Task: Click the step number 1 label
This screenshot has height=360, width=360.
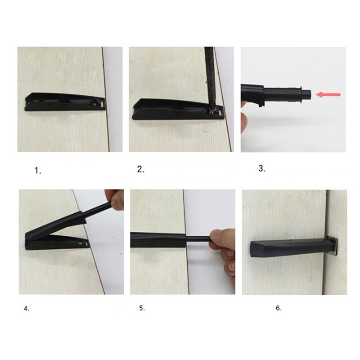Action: click(x=38, y=171)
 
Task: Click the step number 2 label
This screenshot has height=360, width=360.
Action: click(x=141, y=170)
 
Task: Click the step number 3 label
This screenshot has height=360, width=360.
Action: click(x=262, y=168)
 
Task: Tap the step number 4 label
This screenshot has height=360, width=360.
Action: click(x=27, y=309)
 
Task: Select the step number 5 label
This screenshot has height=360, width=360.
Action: click(x=142, y=308)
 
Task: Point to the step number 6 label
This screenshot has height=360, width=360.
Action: click(x=279, y=308)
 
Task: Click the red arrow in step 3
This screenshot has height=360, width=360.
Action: click(x=328, y=94)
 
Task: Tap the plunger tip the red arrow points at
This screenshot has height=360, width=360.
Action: click(x=306, y=94)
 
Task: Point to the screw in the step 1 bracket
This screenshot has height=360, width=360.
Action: click(x=94, y=104)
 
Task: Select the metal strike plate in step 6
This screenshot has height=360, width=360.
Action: click(x=334, y=246)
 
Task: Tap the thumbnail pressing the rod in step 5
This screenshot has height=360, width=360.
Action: click(x=216, y=234)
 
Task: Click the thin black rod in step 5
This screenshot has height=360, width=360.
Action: click(x=198, y=239)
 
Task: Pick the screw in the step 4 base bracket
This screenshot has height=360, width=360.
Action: click(x=81, y=243)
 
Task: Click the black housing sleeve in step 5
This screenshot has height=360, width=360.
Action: click(x=158, y=240)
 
